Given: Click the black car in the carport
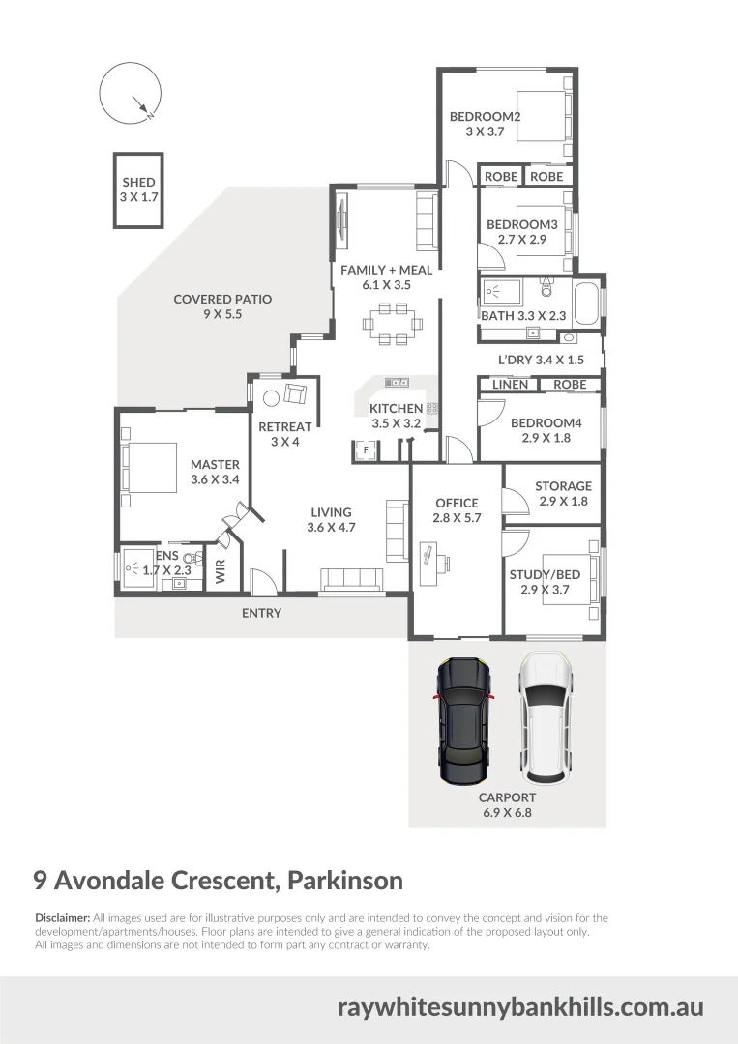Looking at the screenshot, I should (x=460, y=721).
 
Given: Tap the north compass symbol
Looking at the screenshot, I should (x=128, y=93).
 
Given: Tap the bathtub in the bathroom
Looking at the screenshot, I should (x=586, y=304).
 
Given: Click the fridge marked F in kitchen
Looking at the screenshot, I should (x=367, y=449).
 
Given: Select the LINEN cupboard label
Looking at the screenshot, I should (x=510, y=385).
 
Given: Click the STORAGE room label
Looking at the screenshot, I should (x=563, y=486).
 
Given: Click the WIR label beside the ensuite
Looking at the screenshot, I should (x=221, y=572).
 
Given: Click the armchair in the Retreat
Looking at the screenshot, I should (x=294, y=394).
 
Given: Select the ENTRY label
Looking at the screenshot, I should (x=261, y=613).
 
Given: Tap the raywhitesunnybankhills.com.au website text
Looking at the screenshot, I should (x=520, y=1006).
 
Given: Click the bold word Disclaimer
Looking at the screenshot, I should (x=62, y=917).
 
